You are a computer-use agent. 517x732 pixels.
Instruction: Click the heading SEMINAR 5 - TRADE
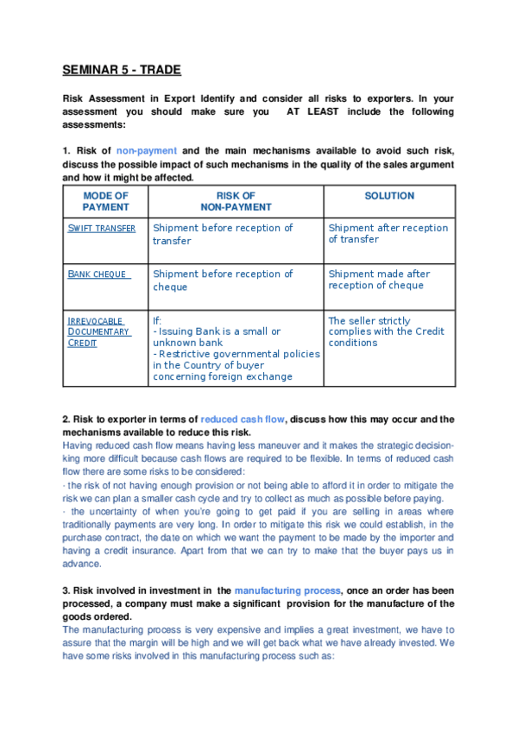[x=122, y=70]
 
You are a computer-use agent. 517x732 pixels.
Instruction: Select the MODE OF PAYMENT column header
[x=105, y=201]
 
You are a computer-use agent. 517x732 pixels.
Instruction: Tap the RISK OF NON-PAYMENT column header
[x=236, y=201]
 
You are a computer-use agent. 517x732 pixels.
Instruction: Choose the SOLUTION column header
[x=389, y=196]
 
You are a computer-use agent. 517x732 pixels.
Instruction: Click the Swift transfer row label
[x=101, y=228]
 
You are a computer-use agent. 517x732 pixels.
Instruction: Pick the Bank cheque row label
[x=98, y=274]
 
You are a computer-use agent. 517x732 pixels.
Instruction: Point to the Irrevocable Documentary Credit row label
[x=98, y=331]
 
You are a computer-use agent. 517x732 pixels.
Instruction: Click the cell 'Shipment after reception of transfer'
[x=388, y=233]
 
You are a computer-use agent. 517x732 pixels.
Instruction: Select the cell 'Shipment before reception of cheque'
[x=223, y=280]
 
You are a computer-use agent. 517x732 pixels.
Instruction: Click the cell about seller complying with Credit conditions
[x=386, y=331]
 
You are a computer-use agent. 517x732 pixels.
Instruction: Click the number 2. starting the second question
[x=66, y=420]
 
